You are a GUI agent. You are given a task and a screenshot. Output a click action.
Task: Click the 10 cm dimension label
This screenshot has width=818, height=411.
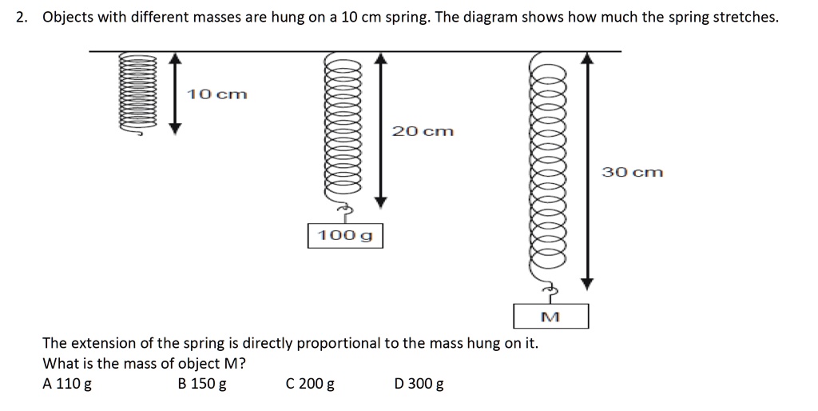pyautogui.click(x=217, y=94)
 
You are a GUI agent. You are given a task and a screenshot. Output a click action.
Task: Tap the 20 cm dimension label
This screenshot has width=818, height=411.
pyautogui.click(x=423, y=131)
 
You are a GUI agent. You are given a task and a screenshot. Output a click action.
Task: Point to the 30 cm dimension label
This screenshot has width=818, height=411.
pyautogui.click(x=633, y=172)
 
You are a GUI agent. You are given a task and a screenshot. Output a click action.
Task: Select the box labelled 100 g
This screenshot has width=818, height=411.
pyautogui.click(x=345, y=236)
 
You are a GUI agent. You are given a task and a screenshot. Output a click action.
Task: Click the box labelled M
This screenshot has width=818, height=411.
pyautogui.click(x=550, y=317)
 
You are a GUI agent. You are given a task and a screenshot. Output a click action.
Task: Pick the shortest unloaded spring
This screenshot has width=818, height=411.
pyautogui.click(x=132, y=94)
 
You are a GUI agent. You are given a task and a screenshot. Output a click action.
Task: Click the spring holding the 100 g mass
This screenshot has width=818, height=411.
pyautogui.click(x=343, y=128)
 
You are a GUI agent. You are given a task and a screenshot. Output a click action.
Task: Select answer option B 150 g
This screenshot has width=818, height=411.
pyautogui.click(x=202, y=384)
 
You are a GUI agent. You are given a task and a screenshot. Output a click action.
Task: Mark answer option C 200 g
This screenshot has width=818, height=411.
pyautogui.click(x=310, y=384)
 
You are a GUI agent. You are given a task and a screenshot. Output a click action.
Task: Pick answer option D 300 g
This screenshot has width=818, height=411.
pyautogui.click(x=419, y=384)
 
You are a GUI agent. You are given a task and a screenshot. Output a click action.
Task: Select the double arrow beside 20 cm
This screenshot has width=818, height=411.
pyautogui.click(x=381, y=128)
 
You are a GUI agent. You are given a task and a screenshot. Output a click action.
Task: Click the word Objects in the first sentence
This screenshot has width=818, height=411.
pyautogui.click(x=68, y=17)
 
